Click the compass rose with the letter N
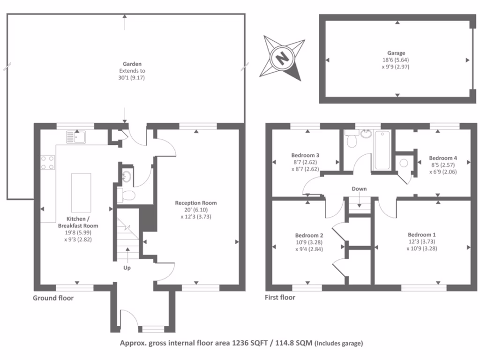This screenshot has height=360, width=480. pos(282,59)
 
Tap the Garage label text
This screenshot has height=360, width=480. pos(396,53)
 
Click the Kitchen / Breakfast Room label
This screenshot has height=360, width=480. pos(78,222)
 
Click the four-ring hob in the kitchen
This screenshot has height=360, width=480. pos(48,162)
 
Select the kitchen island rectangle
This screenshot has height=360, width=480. pos(81,193)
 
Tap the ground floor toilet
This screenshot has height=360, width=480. pos(126,194)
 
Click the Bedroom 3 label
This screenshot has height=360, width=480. pos(305,155)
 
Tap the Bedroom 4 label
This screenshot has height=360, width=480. pos(443,158)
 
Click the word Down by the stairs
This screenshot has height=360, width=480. pos(360,189)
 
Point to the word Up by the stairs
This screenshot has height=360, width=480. pos(127,268)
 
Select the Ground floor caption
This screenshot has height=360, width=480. pos(53,298)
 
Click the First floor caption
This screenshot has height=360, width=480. pos(280,297)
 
